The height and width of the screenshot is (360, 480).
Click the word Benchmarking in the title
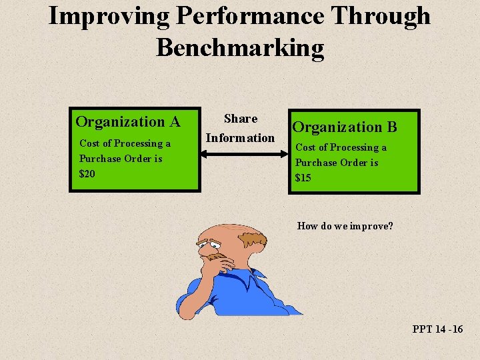[x=240, y=48]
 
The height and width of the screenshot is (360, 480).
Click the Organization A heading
[x=128, y=121]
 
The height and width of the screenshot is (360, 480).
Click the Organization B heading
[x=345, y=127]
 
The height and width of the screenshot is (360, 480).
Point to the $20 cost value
[x=87, y=174]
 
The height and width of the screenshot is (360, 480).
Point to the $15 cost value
[x=303, y=178]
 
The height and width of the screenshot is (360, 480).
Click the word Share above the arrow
[x=241, y=119]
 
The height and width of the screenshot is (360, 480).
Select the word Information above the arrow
[x=240, y=138]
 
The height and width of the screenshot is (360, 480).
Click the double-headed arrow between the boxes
[x=244, y=155]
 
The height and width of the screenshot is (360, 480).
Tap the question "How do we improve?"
[x=345, y=226]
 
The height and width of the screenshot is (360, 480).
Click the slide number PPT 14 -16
[x=437, y=329]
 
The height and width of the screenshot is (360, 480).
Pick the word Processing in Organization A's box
[x=137, y=143]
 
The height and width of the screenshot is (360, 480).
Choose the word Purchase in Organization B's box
[x=317, y=163]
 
